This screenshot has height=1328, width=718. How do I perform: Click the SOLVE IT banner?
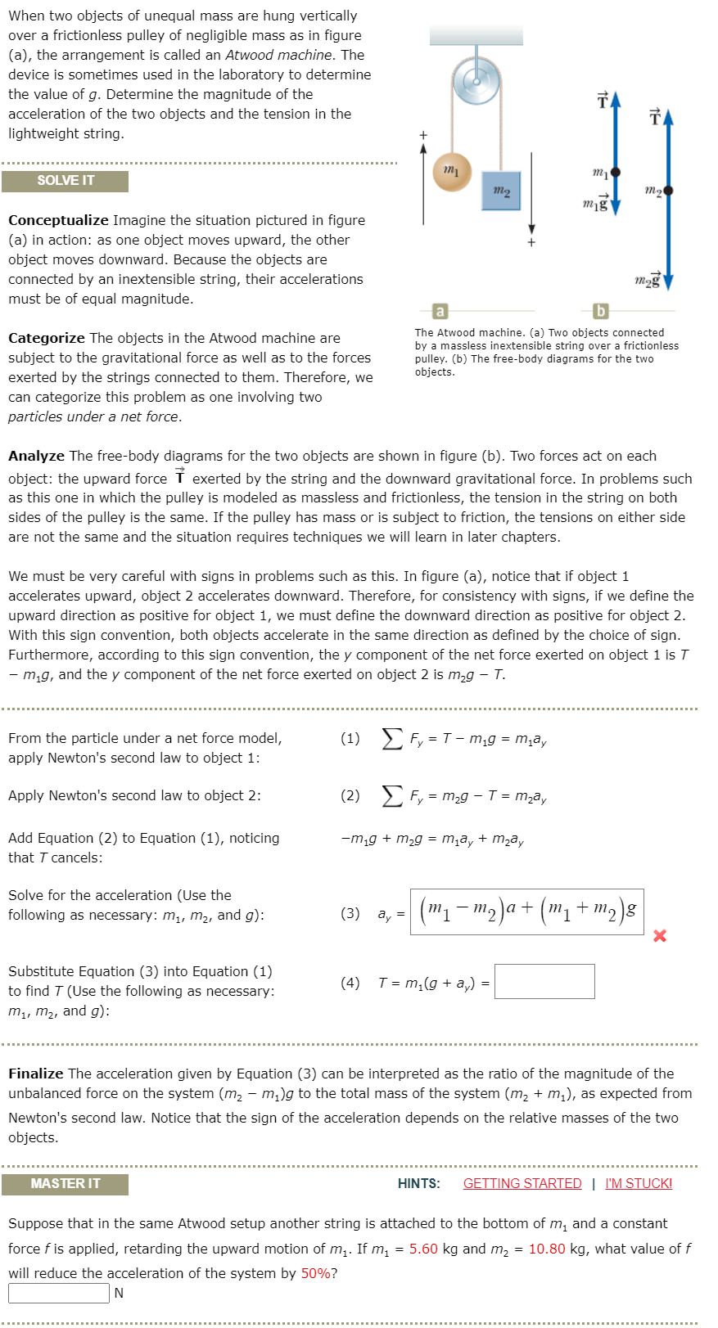click(x=65, y=181)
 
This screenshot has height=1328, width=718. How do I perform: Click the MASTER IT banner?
click(x=65, y=1184)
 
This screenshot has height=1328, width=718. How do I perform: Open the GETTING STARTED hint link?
click(x=522, y=1183)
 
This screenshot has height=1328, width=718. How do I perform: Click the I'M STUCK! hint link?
click(x=639, y=1183)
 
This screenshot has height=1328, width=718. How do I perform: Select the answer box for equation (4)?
click(x=544, y=981)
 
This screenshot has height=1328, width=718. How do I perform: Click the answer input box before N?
click(x=58, y=1293)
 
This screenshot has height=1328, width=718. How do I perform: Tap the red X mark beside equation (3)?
click(x=660, y=935)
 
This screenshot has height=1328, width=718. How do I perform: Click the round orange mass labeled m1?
click(x=451, y=172)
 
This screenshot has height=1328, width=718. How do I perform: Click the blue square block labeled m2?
click(x=501, y=191)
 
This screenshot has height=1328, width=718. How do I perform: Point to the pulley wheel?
click(x=476, y=80)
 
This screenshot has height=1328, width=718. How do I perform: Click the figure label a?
click(x=440, y=311)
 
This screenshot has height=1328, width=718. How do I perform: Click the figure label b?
click(x=600, y=311)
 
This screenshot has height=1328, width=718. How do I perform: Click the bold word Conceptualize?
click(x=58, y=220)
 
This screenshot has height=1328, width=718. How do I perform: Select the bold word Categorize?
click(x=47, y=338)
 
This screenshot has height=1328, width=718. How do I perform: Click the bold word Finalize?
click(x=35, y=1074)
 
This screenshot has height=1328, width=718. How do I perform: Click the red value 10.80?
click(x=547, y=1249)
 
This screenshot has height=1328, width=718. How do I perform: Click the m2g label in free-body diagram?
click(x=647, y=281)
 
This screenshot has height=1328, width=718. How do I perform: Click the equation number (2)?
click(x=350, y=795)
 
